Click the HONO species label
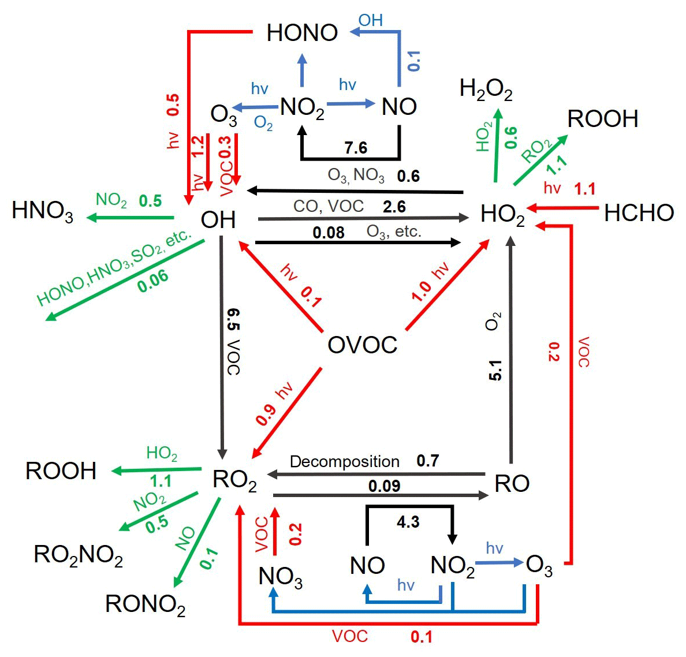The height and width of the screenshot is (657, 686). click(x=302, y=33)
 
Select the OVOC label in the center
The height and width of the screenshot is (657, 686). click(x=362, y=345)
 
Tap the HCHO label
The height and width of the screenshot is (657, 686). click(x=639, y=213)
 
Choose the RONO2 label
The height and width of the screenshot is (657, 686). click(x=145, y=604)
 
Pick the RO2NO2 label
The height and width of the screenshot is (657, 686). click(x=79, y=555)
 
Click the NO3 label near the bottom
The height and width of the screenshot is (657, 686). click(x=281, y=577)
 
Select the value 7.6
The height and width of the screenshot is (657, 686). click(x=356, y=148)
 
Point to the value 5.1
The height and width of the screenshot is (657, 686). click(x=495, y=370)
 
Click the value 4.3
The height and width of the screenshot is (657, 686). click(x=408, y=522)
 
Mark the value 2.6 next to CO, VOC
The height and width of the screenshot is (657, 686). click(x=394, y=207)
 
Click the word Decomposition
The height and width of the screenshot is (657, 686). click(x=344, y=462)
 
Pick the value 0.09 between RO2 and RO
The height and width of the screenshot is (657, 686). click(x=384, y=486)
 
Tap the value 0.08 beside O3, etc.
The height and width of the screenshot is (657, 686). click(x=329, y=233)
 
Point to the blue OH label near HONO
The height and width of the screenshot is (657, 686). click(x=370, y=20)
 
